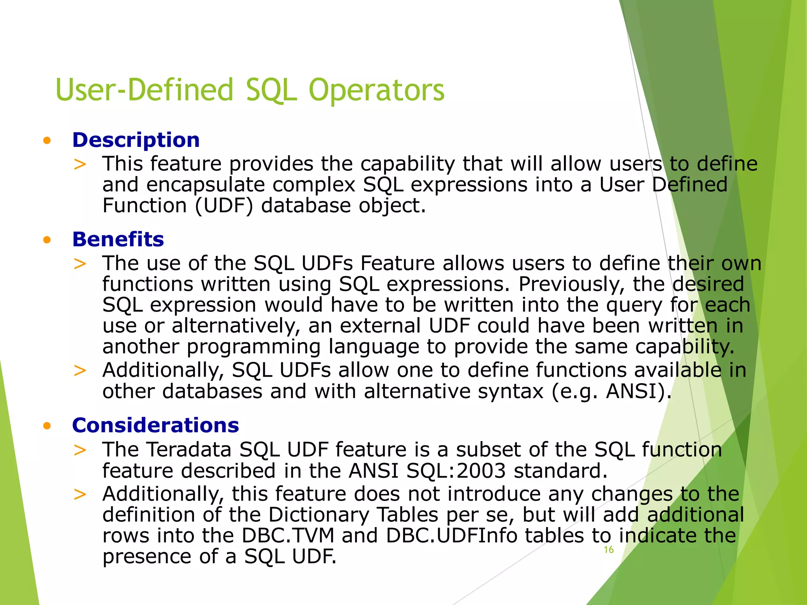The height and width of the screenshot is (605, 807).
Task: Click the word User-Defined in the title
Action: (145, 90)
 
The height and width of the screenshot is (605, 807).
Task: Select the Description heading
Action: (136, 140)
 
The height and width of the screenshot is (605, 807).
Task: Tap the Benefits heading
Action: (118, 239)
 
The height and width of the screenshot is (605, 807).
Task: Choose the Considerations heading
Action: (155, 425)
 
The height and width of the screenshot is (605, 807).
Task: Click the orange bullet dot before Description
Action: (47, 141)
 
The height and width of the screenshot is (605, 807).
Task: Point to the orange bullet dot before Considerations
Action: (47, 426)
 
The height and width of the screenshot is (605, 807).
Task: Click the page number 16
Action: (608, 550)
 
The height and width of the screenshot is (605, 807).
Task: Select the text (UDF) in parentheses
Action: (224, 206)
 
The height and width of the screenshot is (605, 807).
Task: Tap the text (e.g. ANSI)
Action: (611, 392)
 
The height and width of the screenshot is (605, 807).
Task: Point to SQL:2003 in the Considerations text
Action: (456, 471)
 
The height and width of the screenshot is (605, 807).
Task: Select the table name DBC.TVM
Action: (288, 536)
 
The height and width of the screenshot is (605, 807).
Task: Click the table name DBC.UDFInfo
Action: (452, 536)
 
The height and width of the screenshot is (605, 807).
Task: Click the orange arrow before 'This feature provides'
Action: (80, 164)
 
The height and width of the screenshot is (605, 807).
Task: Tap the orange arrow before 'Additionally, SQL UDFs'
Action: (80, 371)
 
